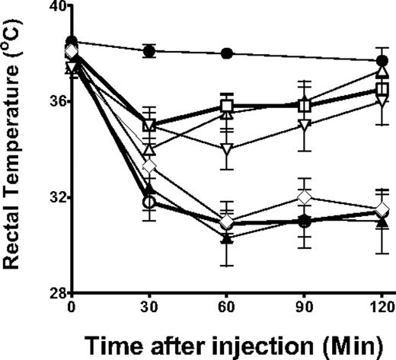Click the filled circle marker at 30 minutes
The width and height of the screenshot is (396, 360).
tap(150, 51)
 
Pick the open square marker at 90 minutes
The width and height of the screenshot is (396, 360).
tap(305, 106)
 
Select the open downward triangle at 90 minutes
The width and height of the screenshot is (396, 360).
tap(305, 125)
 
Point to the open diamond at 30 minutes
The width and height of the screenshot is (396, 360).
tap(150, 165)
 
